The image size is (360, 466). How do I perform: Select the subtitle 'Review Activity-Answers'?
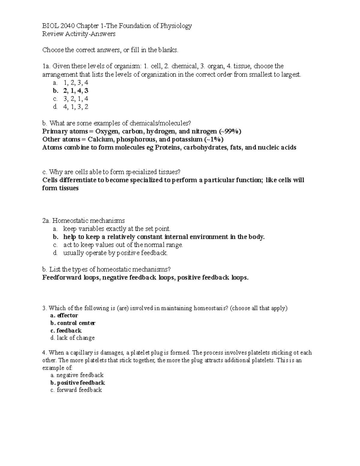pos(79,34)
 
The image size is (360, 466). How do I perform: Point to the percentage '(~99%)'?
pos(230,131)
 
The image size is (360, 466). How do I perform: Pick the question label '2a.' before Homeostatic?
pos(46,221)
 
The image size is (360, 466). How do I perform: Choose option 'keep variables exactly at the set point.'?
pos(117,229)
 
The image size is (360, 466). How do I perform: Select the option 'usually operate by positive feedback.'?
pos(115,253)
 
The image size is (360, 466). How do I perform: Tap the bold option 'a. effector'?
pos(64,316)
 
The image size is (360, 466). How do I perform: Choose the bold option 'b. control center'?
pos(73,323)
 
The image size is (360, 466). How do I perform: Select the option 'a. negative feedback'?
pos(77,375)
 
